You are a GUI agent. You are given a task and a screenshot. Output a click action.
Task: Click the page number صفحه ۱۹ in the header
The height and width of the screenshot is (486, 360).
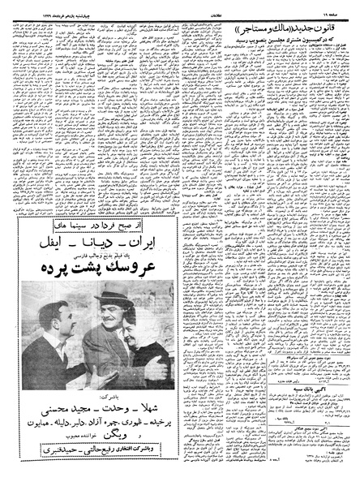click(x=341, y=5)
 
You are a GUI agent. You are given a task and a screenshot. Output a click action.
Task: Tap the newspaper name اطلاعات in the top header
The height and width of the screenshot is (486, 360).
click(x=180, y=5)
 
